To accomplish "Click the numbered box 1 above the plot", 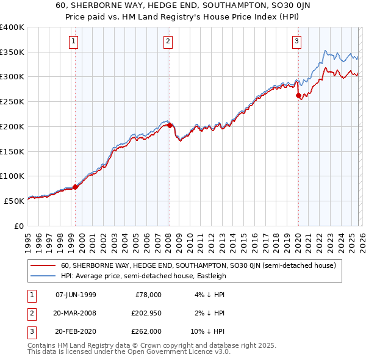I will point(74,41).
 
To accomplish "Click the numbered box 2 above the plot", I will point(168,41).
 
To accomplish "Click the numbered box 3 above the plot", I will point(296,41).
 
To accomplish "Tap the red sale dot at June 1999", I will point(76,187).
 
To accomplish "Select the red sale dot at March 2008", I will point(169,125).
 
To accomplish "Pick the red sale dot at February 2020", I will point(298,95).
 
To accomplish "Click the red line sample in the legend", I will point(43,265).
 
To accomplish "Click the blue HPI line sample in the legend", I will point(43,276).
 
